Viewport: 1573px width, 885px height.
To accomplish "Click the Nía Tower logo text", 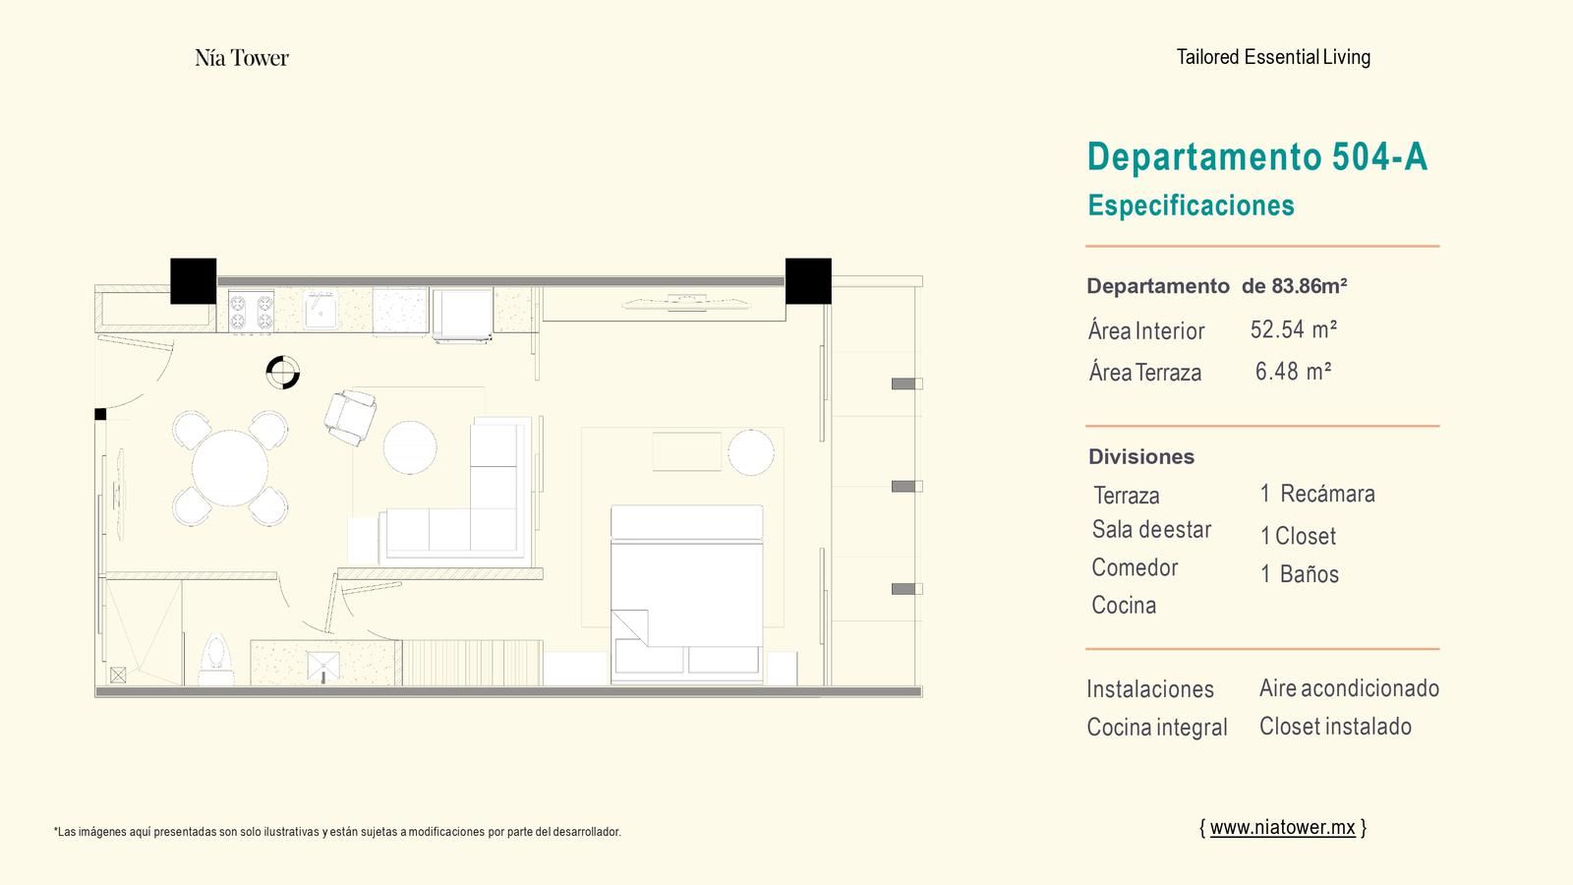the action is (242, 58).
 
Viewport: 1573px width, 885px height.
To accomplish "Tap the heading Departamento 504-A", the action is (1257, 156).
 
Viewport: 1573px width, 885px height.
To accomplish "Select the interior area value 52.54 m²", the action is (1294, 329).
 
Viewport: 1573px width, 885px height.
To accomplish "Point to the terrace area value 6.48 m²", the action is (1294, 371).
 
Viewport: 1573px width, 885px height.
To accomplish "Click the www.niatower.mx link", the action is (1282, 827).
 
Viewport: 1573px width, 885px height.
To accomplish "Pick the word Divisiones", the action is (1141, 456).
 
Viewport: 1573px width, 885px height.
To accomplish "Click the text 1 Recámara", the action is (1317, 494).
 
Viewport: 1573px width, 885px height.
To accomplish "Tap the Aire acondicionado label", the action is (1349, 688).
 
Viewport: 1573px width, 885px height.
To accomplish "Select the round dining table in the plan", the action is (230, 468).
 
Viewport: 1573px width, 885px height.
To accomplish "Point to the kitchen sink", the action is (320, 311).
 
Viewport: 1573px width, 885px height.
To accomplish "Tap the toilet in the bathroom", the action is (216, 660).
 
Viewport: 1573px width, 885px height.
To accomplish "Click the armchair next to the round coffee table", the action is (350, 417).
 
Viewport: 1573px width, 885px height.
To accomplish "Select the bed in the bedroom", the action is (687, 594).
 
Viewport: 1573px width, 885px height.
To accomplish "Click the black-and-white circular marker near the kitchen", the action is (283, 373).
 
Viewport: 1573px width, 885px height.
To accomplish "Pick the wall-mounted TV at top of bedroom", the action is (686, 303).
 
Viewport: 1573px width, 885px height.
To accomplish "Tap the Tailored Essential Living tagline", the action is (1273, 57).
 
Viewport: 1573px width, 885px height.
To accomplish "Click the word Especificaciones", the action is (1191, 206).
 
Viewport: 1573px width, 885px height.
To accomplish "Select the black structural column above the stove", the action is (193, 281).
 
